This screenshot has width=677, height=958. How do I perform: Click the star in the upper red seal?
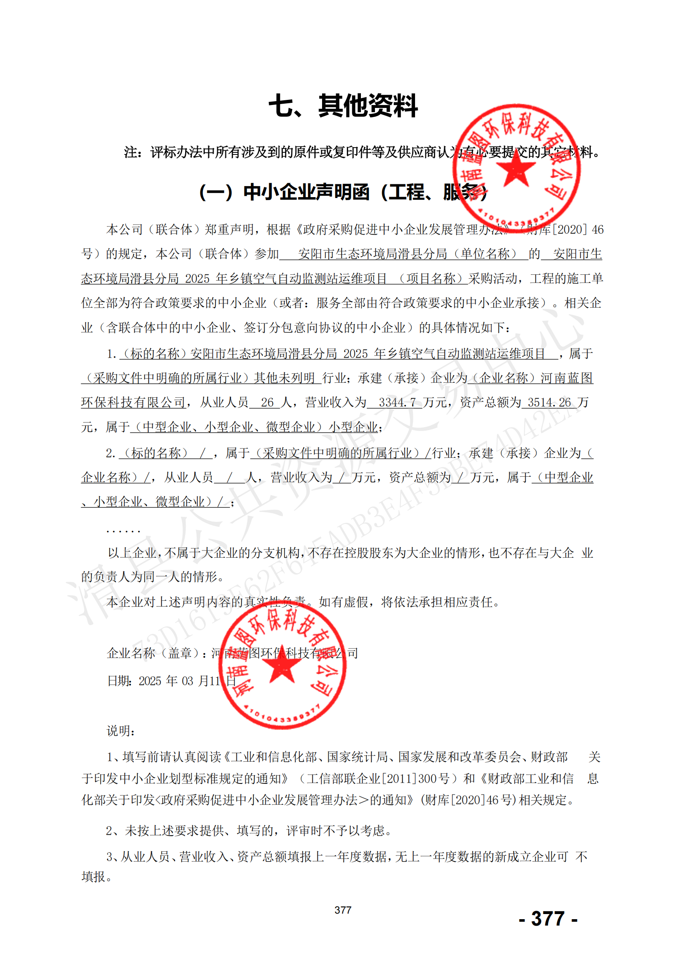(516, 168)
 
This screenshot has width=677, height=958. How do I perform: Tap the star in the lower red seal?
(282, 664)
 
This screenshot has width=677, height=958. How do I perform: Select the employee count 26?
(267, 402)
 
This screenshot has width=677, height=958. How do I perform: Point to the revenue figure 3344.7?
(397, 402)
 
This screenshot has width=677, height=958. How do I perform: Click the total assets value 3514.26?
(549, 402)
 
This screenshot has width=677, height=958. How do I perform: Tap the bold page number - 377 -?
(548, 918)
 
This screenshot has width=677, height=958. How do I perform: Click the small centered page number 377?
(343, 910)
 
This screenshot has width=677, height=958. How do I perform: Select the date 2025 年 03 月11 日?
(171, 681)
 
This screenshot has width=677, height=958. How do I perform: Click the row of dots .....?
(123, 531)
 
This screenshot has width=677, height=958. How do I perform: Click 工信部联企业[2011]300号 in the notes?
(378, 778)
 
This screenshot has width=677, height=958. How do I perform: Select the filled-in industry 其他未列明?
(285, 378)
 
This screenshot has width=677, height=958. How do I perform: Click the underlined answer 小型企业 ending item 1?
(353, 427)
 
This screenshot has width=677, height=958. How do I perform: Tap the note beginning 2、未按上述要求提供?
(249, 830)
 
